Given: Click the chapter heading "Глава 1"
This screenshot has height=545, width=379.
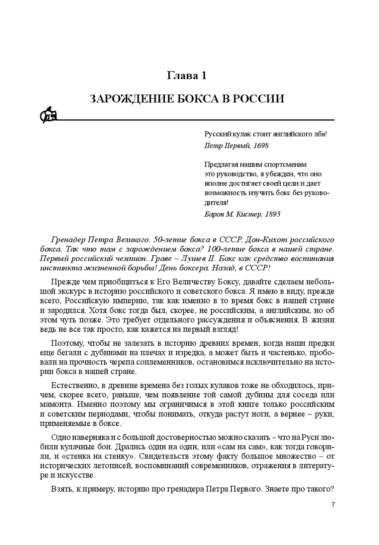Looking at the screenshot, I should point(187,76).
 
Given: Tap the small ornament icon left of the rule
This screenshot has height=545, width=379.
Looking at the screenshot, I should point(48,115).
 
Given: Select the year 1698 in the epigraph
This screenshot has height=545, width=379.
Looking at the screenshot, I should point(261,145).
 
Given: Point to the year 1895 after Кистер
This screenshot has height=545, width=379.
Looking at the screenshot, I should point(273,214).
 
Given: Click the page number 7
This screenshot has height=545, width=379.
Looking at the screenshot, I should point(333,504).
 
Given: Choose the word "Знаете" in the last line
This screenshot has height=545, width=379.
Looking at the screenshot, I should point(280,489).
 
